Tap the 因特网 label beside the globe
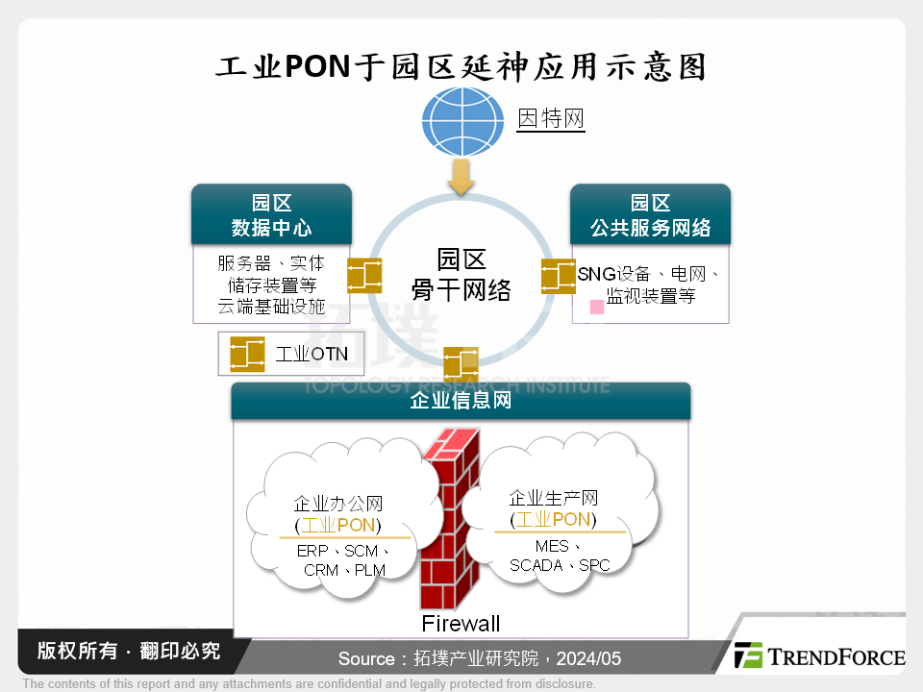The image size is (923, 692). (x=551, y=119)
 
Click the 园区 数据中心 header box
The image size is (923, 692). (x=271, y=215)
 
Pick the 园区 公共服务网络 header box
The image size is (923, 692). (x=650, y=215)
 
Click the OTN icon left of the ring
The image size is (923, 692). (x=364, y=276)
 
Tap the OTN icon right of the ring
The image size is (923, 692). (x=558, y=276)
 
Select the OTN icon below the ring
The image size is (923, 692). (x=461, y=364)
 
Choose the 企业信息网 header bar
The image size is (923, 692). (x=461, y=401)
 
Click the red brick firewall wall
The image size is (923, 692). (x=452, y=519)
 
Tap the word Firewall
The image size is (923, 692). (x=461, y=624)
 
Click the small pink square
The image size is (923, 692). (x=596, y=307)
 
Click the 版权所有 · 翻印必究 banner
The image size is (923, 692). (x=129, y=651)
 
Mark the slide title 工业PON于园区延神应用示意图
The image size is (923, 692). (x=461, y=66)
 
